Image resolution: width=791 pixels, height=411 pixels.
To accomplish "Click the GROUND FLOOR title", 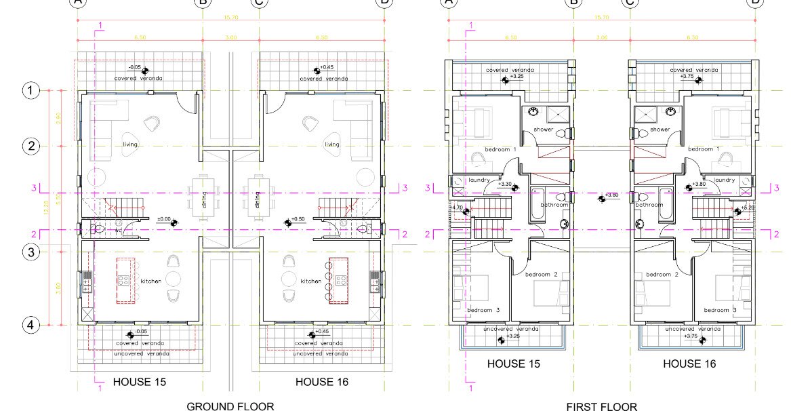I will pos(230,406).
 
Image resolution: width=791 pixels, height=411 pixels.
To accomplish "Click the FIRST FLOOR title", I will pos(601,406).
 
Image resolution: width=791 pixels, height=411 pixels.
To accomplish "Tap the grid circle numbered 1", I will pos(30,90).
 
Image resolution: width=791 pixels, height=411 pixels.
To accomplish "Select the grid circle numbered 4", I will pos(30,325).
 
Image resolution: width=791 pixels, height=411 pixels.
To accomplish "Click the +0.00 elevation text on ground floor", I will pos(163,220).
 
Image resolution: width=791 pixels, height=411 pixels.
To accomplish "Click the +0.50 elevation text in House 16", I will pos(298,220).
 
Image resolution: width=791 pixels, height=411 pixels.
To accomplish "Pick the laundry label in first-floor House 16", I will pos(725,180).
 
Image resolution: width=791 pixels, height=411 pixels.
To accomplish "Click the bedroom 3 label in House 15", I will pos(483,310).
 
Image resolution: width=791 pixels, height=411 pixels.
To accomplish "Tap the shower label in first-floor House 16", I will pos(660,130).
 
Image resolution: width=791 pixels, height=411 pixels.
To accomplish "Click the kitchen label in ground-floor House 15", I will pos(150,281).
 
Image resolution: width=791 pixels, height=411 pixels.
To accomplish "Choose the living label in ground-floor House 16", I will pos(331,144).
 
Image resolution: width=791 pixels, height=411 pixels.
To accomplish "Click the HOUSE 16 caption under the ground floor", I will pos(322,382).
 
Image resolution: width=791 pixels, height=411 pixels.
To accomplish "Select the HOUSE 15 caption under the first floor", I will pos(514,364).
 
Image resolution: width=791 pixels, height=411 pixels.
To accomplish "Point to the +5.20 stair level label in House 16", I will pos(748,208).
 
